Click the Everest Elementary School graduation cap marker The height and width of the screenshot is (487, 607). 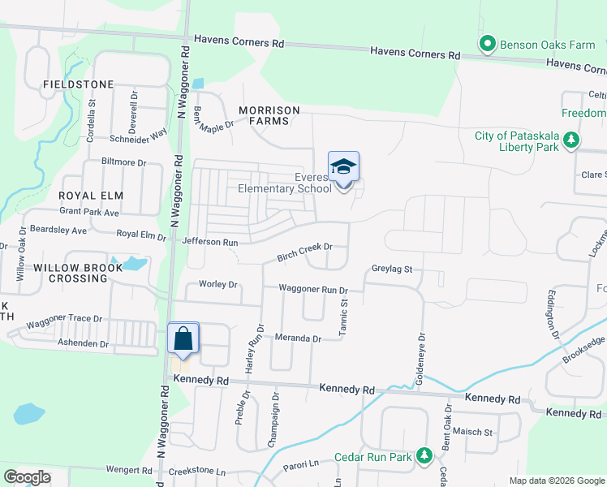point(343,168)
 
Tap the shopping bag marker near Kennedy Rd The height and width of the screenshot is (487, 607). point(183,338)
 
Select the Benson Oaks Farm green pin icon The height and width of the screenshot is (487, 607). point(487,44)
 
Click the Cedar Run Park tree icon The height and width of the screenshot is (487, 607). point(423,457)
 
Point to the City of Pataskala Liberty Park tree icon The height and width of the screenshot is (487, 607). point(571,140)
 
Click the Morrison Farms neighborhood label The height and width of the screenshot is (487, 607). point(269,115)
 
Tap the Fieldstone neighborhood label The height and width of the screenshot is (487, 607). point(67,84)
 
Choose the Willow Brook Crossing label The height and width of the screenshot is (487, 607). point(71,273)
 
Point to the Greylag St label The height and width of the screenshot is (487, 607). point(392,269)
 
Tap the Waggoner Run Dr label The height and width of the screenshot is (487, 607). point(313,289)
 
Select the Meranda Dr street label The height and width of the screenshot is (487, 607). point(299,338)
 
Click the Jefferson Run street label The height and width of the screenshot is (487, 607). point(210,242)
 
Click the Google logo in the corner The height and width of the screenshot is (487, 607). point(27,476)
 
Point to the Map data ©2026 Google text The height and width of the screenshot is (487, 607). point(556,481)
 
